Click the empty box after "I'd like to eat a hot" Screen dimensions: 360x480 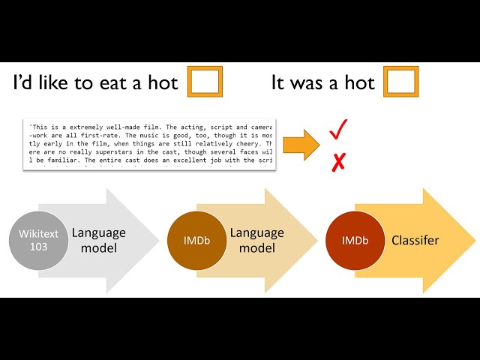tap(204, 82)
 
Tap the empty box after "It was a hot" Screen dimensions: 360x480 tap(400, 82)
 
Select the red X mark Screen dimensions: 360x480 tap(338, 161)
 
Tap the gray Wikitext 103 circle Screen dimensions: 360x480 tap(38, 241)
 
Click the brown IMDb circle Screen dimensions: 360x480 tap(197, 241)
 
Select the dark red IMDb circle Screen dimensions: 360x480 tap(355, 241)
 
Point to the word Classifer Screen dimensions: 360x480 tap(415, 241)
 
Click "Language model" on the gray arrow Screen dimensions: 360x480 tap(99, 241)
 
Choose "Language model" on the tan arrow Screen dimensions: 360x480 tap(256, 241)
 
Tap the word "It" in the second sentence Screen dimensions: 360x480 tap(278, 83)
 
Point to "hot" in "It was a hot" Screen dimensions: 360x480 tap(360, 83)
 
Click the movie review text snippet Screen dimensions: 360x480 tap(149, 143)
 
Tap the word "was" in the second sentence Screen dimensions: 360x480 tap(305, 83)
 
